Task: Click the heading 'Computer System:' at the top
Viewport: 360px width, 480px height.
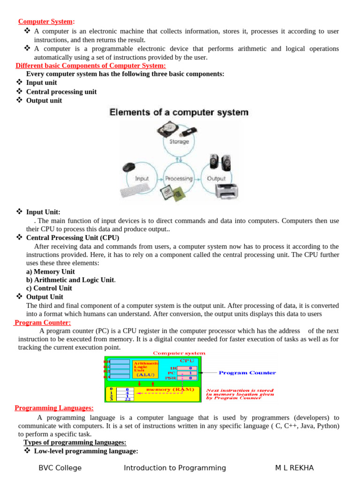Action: [46, 22]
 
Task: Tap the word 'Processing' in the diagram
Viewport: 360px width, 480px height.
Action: [179, 179]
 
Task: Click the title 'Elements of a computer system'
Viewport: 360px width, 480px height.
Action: [179, 112]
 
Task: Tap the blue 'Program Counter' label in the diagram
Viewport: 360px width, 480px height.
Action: [247, 373]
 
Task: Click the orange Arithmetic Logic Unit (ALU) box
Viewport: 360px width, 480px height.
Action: [146, 369]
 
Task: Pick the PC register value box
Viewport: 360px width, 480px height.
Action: [190, 373]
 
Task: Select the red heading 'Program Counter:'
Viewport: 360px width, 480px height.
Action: [43, 322]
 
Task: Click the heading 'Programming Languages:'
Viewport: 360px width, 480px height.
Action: [54, 408]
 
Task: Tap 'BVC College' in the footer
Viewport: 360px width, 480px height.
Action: [60, 468]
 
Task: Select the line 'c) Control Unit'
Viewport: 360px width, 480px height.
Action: [49, 288]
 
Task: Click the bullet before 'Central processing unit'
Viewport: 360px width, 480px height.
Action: [20, 91]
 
